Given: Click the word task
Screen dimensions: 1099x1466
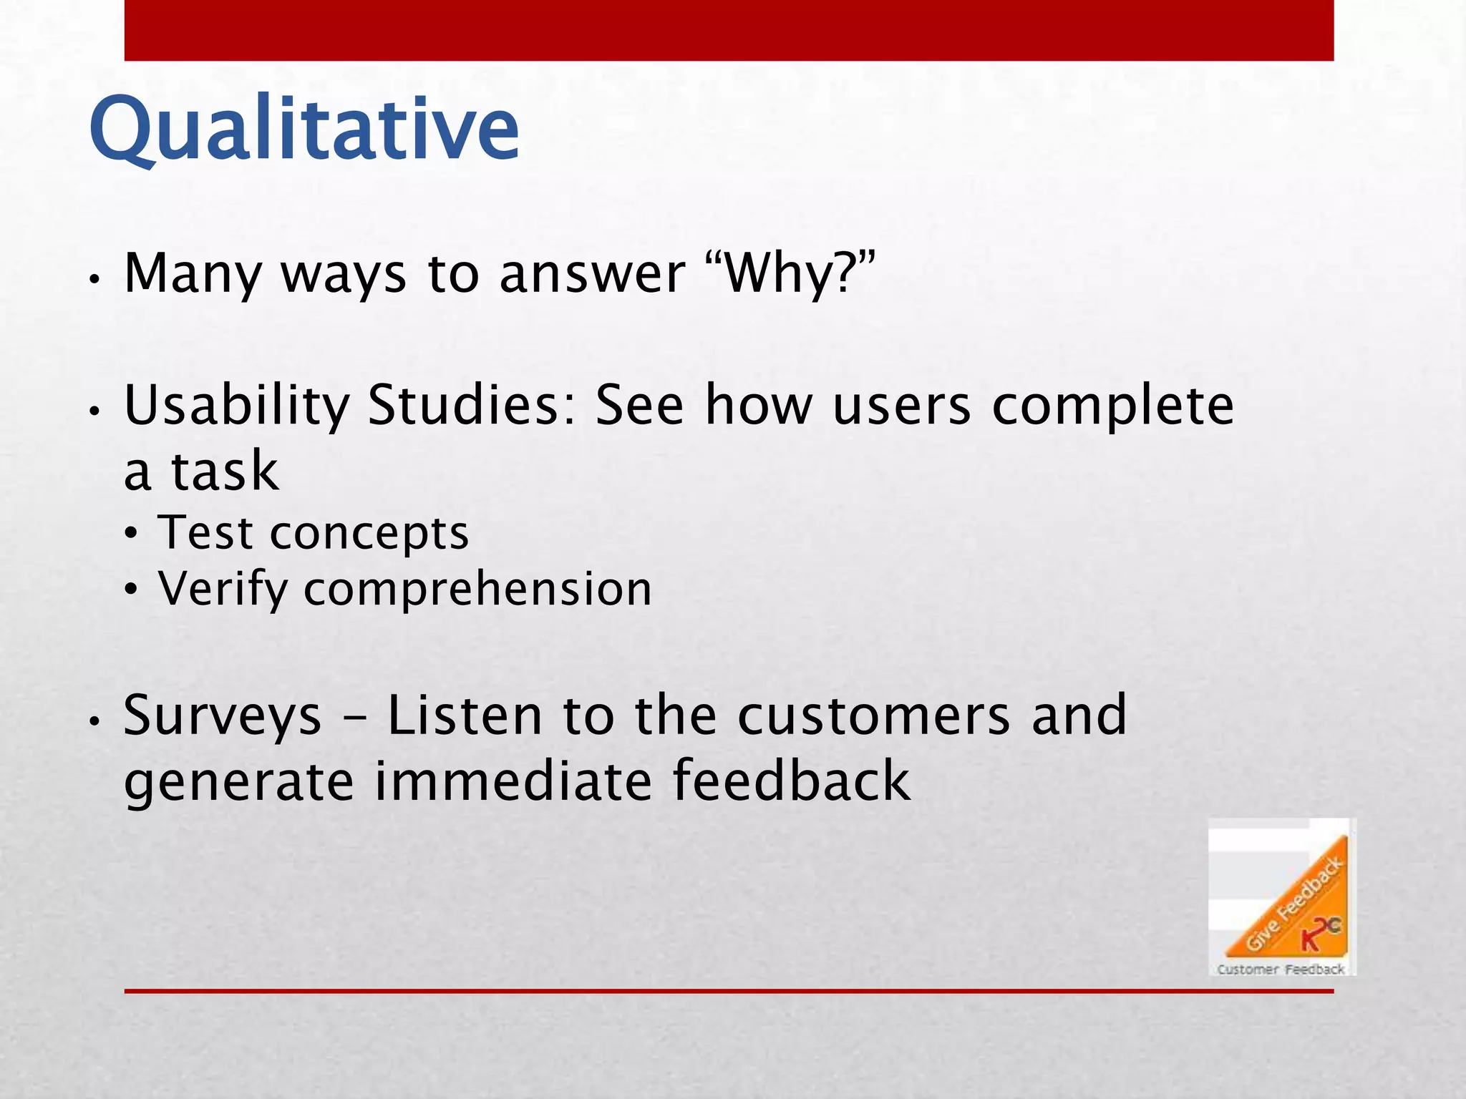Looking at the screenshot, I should [224, 472].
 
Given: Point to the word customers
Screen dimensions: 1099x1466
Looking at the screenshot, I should [873, 716].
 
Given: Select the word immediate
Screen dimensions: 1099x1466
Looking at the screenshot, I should [513, 781].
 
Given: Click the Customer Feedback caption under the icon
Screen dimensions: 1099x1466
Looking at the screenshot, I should [1281, 969].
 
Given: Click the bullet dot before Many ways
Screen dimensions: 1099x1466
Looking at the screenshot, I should [93, 280].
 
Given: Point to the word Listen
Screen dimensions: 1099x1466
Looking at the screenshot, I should [465, 716].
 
